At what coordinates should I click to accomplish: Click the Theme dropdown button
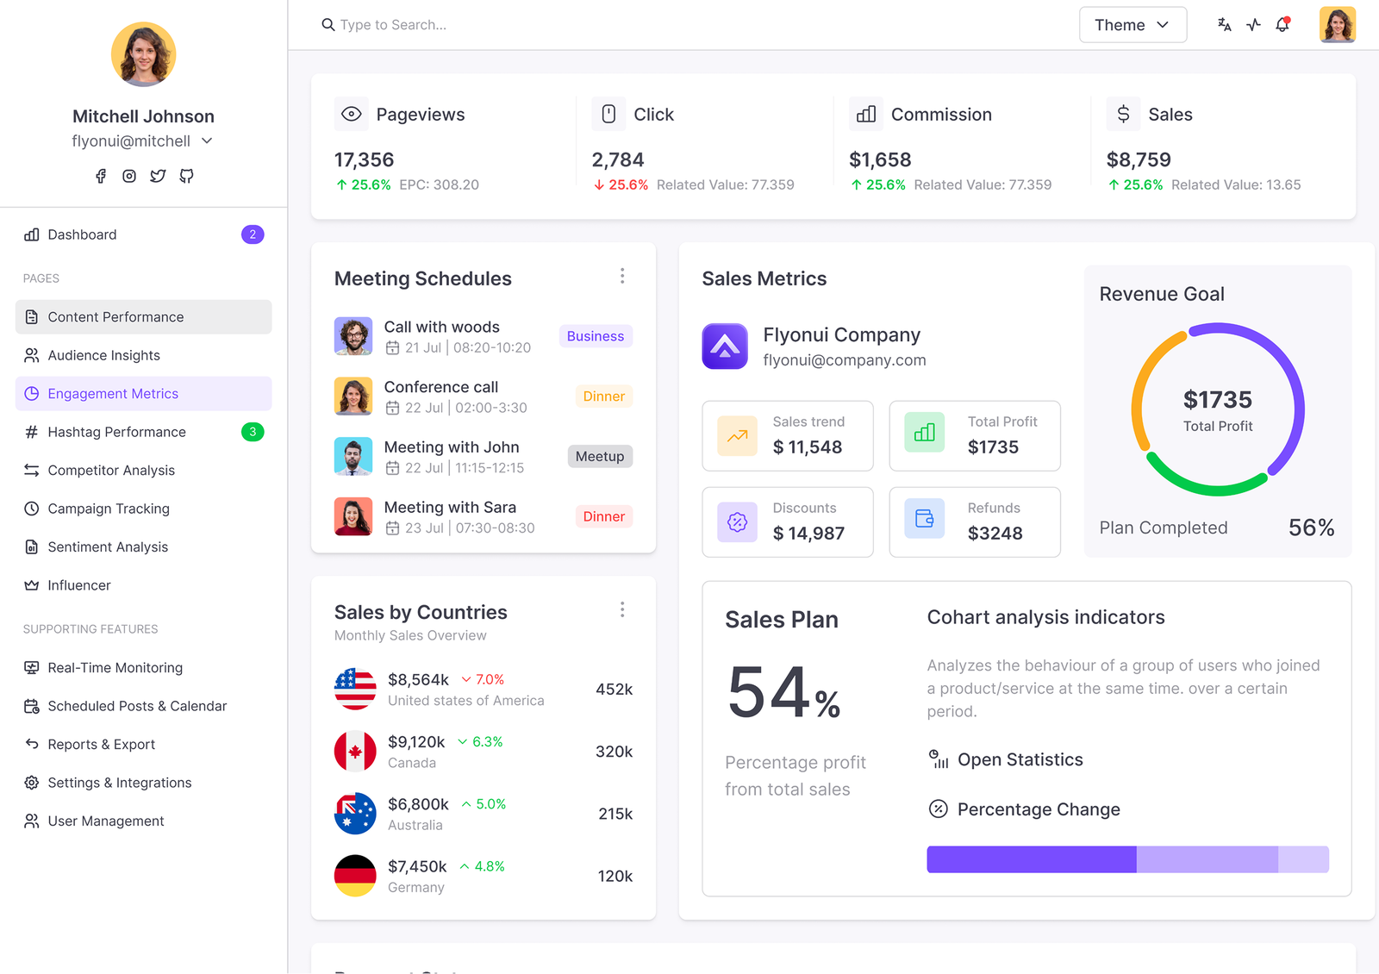click(1133, 25)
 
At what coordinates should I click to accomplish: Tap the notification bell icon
click(1282, 25)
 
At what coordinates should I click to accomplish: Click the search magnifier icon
click(328, 25)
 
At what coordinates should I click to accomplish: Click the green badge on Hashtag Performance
click(253, 432)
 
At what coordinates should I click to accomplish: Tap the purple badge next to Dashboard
click(253, 234)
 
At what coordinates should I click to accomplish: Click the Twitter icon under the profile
click(158, 176)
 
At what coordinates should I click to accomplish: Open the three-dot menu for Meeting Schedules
click(622, 276)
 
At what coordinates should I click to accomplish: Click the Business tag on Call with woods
click(596, 336)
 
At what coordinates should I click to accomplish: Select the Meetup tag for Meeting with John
click(600, 456)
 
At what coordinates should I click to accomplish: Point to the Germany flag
click(355, 876)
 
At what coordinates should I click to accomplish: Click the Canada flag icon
click(355, 751)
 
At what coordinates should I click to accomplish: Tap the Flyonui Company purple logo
click(725, 346)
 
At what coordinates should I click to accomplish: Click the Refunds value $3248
click(995, 534)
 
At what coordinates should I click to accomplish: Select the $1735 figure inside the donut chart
click(1218, 400)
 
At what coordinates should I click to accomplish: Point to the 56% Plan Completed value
click(1311, 528)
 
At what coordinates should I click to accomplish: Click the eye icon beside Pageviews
click(352, 114)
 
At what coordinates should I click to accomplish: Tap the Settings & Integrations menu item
click(120, 783)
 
